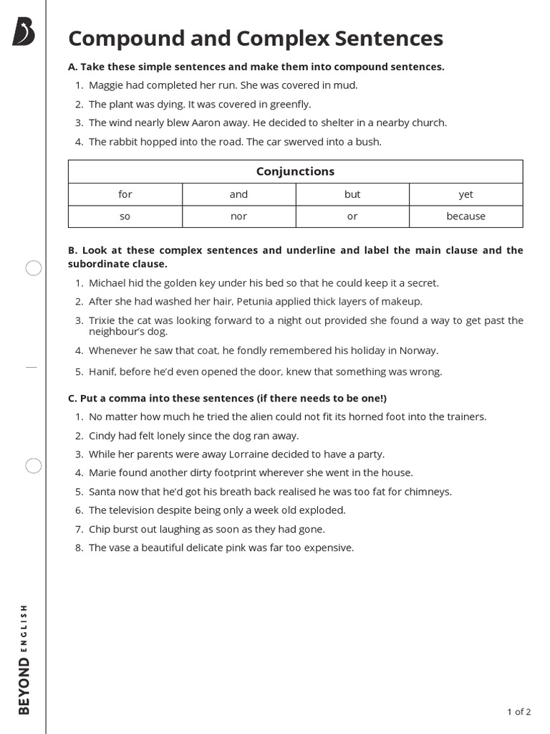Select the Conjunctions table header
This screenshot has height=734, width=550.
295,171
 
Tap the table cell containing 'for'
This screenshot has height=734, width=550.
125,194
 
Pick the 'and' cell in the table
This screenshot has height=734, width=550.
238,194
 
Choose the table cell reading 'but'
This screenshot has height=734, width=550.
352,194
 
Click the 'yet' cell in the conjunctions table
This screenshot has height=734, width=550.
465,194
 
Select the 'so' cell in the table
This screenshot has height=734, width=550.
125,216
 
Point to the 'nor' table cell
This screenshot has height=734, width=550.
238,216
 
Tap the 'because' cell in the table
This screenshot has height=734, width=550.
465,216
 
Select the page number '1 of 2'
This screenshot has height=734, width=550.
518,712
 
